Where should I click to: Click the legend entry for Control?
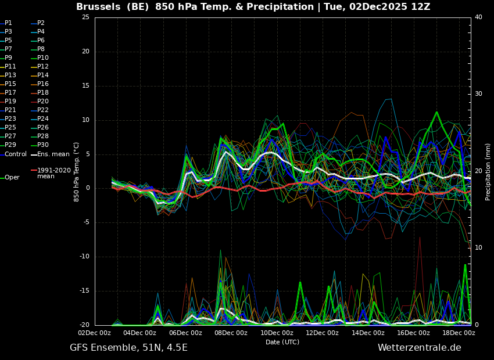click(x=16, y=154)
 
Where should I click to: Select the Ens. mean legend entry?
click(x=53, y=154)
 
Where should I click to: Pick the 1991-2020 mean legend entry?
click(x=53, y=173)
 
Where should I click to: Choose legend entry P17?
click(x=10, y=92)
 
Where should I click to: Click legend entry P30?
click(x=43, y=145)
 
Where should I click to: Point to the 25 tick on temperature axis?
click(x=85, y=17)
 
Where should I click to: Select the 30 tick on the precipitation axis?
click(x=478, y=94)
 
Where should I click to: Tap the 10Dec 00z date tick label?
click(x=277, y=333)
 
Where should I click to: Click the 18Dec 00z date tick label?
click(x=459, y=333)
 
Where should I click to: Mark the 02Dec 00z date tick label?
click(x=94, y=333)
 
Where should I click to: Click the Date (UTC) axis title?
click(x=282, y=342)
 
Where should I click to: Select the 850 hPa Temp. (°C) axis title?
click(x=76, y=171)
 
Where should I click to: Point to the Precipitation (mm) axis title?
click(x=488, y=171)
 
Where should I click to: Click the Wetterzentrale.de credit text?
click(x=419, y=348)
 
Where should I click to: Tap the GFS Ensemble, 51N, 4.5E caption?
click(x=128, y=348)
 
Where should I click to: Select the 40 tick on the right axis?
click(x=478, y=17)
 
